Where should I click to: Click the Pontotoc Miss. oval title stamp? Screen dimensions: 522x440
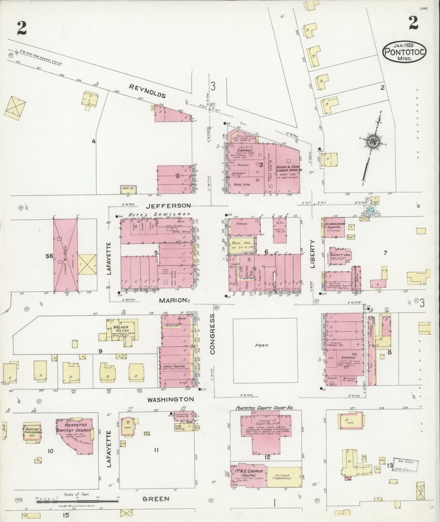(404, 52)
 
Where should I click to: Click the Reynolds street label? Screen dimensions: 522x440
(147, 91)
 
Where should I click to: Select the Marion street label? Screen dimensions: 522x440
(173, 300)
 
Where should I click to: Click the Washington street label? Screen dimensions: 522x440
(170, 399)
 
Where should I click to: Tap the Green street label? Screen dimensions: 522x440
(156, 499)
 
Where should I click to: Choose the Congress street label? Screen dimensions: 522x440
(212, 334)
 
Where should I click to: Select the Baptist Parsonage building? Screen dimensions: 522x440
(33, 431)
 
